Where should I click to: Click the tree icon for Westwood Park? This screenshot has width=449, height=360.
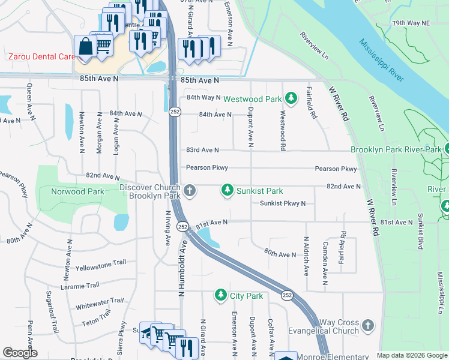pyautogui.click(x=291, y=98)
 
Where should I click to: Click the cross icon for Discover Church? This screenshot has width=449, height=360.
pyautogui.click(x=190, y=191)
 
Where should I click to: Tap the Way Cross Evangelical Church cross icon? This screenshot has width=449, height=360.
pyautogui.click(x=368, y=326)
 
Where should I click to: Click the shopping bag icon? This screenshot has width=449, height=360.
pyautogui.click(x=85, y=46)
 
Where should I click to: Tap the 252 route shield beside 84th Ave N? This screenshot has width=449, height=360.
pyautogui.click(x=173, y=112)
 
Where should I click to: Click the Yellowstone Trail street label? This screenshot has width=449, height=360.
pyautogui.click(x=101, y=265)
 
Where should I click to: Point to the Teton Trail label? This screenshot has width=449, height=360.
pyautogui.click(x=97, y=318)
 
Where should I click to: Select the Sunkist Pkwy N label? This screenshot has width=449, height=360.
pyautogui.click(x=283, y=203)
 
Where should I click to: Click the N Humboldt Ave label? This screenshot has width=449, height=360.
pyautogui.click(x=180, y=268)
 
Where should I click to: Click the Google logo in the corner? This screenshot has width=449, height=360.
pyautogui.click(x=20, y=353)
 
